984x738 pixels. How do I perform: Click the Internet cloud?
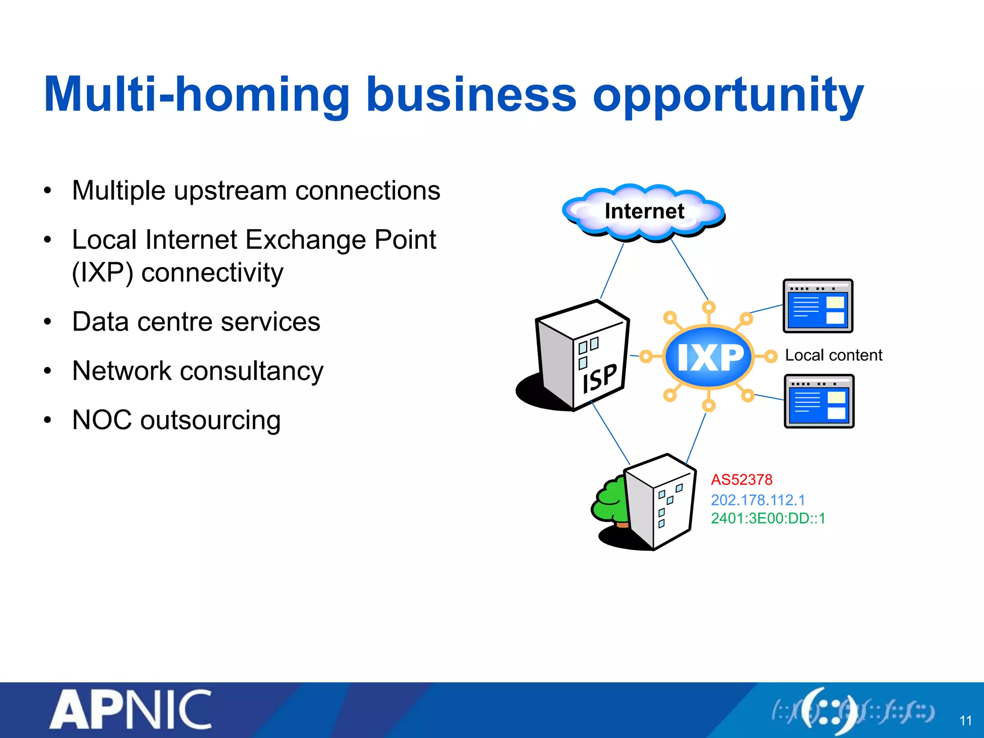pos(644,211)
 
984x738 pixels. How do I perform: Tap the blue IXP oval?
pos(709,357)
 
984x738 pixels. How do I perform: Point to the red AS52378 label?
pos(741,480)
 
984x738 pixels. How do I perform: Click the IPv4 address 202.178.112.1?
pos(758,500)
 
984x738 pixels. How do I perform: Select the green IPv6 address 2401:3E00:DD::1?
pos(768,518)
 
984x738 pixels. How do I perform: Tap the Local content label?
pos(834,355)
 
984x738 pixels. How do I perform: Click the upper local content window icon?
pos(818,306)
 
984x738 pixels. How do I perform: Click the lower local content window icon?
pos(819,401)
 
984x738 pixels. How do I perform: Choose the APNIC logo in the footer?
pos(131,710)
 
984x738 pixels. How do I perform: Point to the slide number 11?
pos(965,721)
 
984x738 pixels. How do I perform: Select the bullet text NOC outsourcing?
pos(176,420)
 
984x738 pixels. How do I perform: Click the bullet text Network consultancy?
pos(197,371)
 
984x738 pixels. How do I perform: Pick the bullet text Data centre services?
pos(196,321)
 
